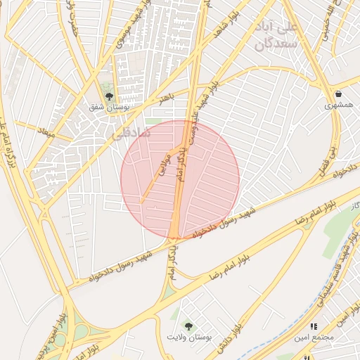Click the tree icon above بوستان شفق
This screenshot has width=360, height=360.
coord(108,96)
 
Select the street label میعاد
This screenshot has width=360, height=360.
coord(46,132)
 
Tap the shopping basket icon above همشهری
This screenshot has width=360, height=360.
coord(338,94)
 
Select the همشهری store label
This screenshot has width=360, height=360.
coord(338,105)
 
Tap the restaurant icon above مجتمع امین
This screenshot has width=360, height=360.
coord(314,326)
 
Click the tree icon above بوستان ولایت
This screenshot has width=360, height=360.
coord(188,325)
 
